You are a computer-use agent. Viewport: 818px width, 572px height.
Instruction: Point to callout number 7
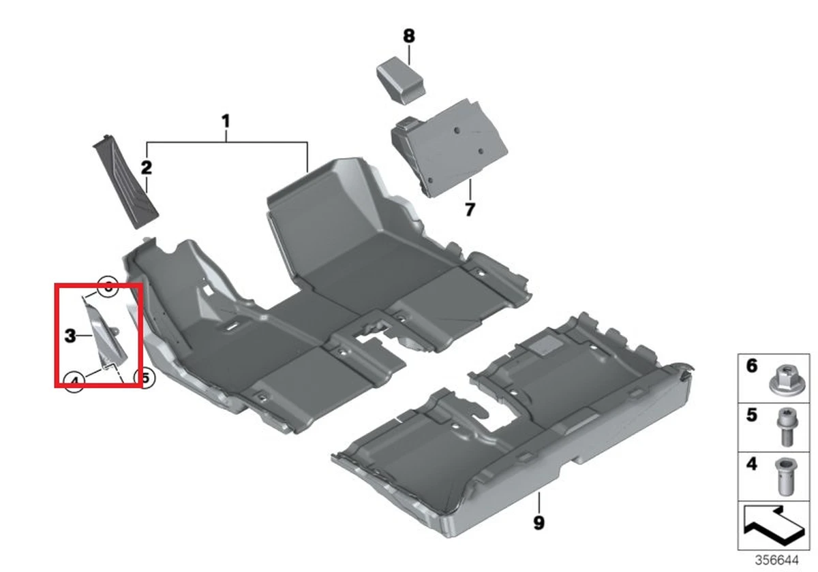[x=470, y=209]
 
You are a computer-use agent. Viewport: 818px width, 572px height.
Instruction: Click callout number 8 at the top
[x=408, y=35]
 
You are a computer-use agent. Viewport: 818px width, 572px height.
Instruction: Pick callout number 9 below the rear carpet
[x=539, y=523]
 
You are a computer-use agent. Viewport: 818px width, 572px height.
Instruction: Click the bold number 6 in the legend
[x=751, y=366]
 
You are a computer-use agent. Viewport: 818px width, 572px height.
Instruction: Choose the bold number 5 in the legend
[x=751, y=415]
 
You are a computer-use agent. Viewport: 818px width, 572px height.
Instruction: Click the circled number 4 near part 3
[x=76, y=381]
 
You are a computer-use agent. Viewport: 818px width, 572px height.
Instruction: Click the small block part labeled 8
[x=402, y=79]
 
